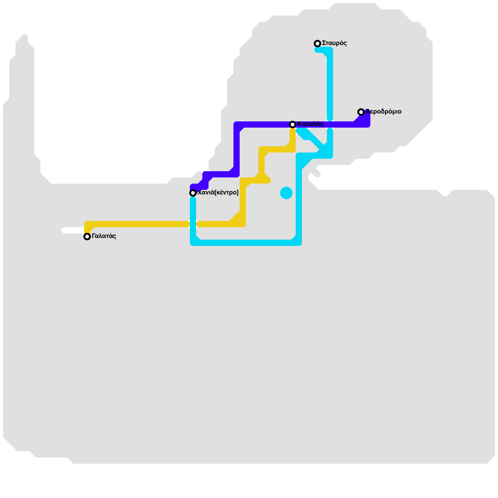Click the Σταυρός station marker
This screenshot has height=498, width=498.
coord(317,44)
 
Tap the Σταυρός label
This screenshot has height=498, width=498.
coord(334,43)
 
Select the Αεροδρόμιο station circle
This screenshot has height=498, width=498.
coord(361,112)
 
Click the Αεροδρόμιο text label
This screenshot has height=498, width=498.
coord(383,112)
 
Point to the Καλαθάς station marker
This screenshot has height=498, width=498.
coord(293,125)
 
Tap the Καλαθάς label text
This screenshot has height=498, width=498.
coord(310,124)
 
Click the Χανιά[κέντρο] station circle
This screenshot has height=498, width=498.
coord(193,193)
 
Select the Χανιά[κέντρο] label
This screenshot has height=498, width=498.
coord(218,193)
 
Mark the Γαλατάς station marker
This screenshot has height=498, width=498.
coord(87,237)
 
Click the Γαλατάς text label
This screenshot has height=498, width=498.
coord(104,236)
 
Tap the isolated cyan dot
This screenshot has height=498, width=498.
coord(286,193)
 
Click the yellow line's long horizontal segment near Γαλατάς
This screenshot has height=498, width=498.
coord(140,224)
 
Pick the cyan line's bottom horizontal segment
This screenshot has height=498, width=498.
coord(246,243)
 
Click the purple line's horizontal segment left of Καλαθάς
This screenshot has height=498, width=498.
coord(265,125)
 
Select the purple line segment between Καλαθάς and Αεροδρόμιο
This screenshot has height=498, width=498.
coord(339,125)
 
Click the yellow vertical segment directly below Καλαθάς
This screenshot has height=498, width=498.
coord(293,137)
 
